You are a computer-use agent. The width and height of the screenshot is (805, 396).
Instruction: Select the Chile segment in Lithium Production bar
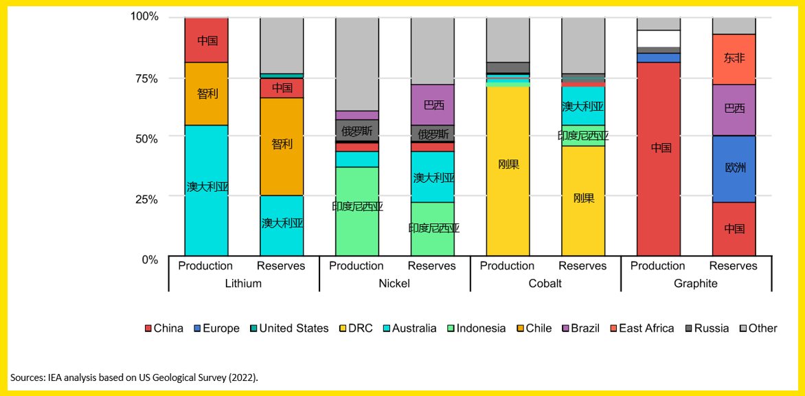(x=207, y=93)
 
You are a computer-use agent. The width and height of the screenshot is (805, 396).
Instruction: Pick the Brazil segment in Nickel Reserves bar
(x=433, y=104)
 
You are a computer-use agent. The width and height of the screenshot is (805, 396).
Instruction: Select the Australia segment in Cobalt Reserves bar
(x=583, y=105)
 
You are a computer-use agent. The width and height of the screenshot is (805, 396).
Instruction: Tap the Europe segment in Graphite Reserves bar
(x=734, y=168)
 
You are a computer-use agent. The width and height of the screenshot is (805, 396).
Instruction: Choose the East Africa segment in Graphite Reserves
(x=734, y=59)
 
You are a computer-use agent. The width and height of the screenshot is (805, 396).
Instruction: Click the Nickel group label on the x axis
(x=394, y=283)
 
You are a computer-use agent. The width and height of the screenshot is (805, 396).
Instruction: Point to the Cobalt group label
(x=545, y=283)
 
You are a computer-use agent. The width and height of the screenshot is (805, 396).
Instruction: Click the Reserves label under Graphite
(x=734, y=266)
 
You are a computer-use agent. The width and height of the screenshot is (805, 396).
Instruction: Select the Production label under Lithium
(x=205, y=266)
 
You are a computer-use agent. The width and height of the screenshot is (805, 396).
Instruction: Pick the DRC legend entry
(x=360, y=328)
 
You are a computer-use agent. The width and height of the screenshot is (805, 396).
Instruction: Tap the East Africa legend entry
(x=646, y=328)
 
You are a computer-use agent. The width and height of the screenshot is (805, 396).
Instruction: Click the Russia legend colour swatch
(x=688, y=329)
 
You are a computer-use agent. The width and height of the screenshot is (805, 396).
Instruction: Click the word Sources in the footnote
(x=28, y=377)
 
